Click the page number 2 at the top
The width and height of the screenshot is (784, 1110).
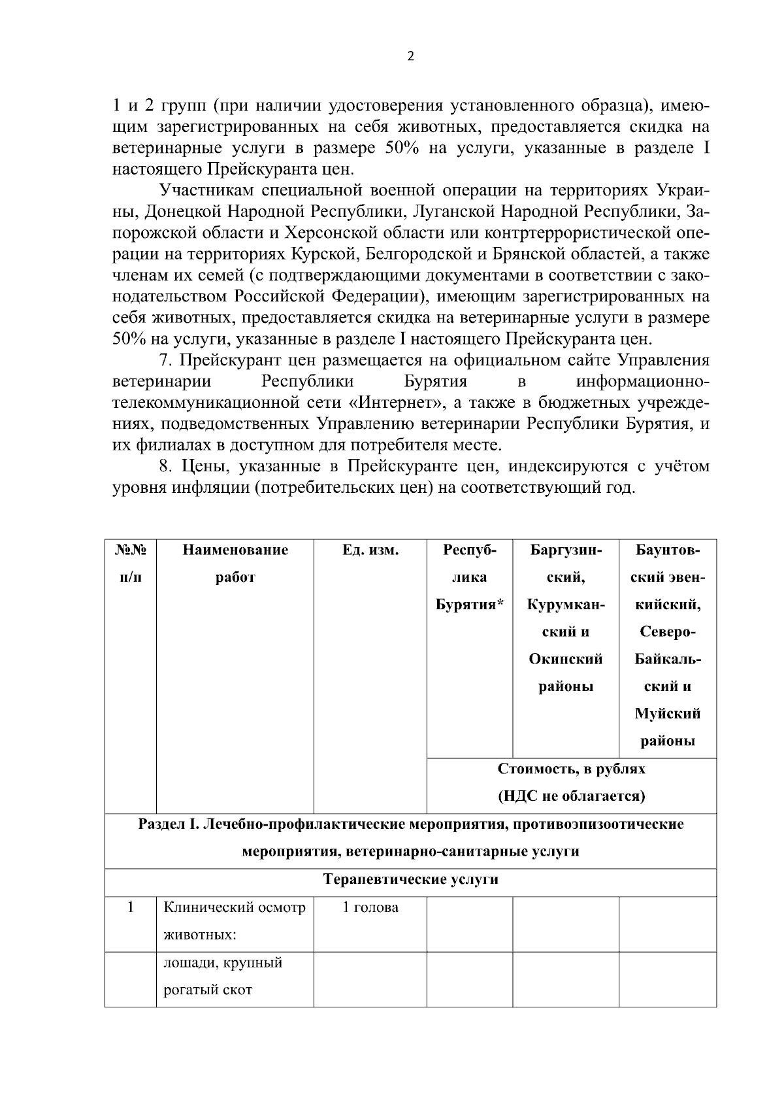(x=410, y=56)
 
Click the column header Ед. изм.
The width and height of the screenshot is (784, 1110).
(x=370, y=550)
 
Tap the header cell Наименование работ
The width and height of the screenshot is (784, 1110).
(x=235, y=563)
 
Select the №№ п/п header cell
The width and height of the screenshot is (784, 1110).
(x=130, y=563)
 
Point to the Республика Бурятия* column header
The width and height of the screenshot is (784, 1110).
(x=469, y=577)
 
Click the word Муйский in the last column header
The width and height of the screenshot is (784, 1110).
(x=667, y=714)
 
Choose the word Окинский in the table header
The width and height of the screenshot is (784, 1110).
(x=565, y=659)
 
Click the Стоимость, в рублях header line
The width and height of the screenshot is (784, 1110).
(x=571, y=769)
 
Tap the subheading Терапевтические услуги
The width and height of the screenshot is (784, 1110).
(x=411, y=879)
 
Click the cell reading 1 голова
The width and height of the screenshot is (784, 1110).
(x=370, y=907)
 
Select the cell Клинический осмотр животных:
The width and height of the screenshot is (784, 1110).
(x=234, y=921)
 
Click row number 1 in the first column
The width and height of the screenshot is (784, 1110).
(x=130, y=907)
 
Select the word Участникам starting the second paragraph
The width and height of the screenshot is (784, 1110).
(x=206, y=191)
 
